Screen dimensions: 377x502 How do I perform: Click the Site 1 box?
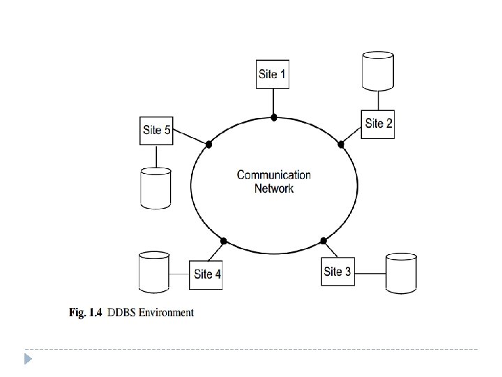272,74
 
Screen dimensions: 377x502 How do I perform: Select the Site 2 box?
379,124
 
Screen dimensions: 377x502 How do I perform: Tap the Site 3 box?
337,272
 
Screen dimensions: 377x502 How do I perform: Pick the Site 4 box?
207,274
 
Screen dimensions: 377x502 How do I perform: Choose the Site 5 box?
156,130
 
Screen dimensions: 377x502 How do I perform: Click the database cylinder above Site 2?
379,71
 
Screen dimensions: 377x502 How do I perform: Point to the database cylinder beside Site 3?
402,272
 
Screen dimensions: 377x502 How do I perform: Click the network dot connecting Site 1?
274,117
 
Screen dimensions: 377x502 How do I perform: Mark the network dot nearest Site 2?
341,145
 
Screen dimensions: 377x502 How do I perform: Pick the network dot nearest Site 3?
324,241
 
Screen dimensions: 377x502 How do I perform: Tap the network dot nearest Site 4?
223,242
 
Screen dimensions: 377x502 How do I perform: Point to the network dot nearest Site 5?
208,145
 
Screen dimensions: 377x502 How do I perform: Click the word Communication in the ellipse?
274,175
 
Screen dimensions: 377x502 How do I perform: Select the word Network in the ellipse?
274,188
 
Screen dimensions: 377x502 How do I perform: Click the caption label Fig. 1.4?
86,313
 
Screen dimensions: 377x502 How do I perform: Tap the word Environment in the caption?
165,313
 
